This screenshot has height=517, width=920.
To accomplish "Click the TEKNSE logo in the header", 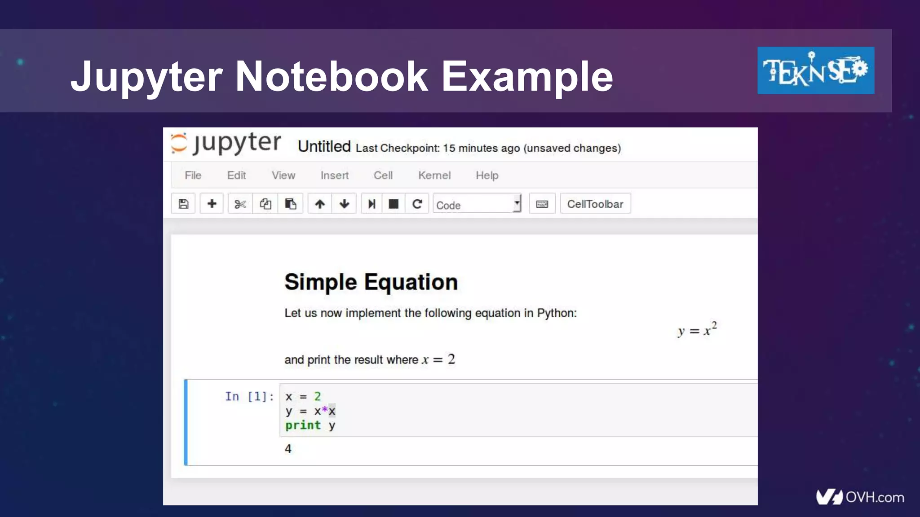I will (815, 70).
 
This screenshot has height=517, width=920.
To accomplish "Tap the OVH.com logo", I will (860, 497).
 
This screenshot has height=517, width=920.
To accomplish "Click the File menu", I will (193, 175).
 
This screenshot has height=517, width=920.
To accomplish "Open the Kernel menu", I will (434, 175).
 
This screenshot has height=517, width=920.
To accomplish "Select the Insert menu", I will (334, 175).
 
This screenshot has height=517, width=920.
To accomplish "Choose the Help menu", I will (487, 175).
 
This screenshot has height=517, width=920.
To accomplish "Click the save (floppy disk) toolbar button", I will (183, 204).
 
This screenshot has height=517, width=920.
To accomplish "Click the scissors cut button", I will (240, 204).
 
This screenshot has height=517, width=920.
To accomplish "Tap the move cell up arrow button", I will (320, 204).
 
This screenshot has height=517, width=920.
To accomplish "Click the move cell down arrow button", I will (345, 204).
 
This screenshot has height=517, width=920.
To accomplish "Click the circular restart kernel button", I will (417, 204).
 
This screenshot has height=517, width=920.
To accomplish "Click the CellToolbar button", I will (595, 204).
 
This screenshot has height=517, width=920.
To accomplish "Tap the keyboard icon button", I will (542, 204).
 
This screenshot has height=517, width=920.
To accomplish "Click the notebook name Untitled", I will (324, 147).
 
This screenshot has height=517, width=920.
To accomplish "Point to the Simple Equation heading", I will (371, 282).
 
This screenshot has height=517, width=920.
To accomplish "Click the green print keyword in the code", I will (303, 425).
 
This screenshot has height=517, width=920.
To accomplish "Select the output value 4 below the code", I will (288, 449).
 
